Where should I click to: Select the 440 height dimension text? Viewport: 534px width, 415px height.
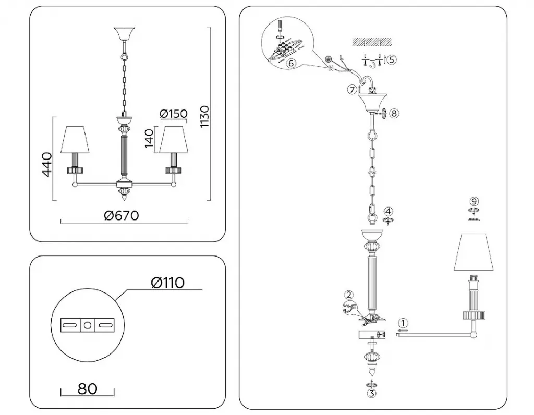47,165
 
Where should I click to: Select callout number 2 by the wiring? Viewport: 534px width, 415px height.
349,295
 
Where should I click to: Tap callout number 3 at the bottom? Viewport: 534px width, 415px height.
371,394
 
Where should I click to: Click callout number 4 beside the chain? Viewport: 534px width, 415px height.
389,211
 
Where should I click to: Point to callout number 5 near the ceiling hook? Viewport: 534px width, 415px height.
392,59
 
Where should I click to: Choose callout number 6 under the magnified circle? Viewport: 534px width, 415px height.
292,63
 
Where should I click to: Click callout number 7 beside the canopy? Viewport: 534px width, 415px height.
353,89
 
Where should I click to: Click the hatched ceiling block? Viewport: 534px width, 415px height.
370,41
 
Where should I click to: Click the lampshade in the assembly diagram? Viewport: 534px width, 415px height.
474,253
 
